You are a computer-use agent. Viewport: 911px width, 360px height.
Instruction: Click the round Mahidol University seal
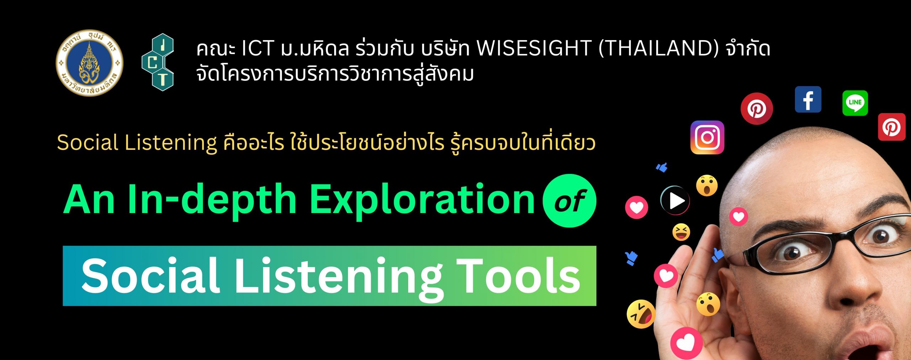[x=89, y=63]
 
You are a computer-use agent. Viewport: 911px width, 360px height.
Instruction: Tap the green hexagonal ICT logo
[x=158, y=62]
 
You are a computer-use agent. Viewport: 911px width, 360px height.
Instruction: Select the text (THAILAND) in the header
[x=659, y=49]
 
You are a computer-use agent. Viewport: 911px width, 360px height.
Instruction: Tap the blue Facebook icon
[x=808, y=100]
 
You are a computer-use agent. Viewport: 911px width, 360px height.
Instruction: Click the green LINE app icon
[x=855, y=103]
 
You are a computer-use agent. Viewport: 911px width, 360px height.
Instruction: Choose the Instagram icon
[x=707, y=137]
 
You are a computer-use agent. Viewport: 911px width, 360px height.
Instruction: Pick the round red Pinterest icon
[x=757, y=108]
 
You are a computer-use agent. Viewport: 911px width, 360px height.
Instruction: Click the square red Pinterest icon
[x=892, y=127]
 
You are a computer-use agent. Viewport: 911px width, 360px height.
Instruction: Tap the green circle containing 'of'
[x=569, y=201]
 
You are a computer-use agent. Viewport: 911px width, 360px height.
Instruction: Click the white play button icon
[x=675, y=201]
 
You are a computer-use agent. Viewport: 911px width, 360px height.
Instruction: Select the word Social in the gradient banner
[x=150, y=276]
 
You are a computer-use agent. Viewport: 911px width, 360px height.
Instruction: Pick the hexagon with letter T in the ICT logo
[x=162, y=80]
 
